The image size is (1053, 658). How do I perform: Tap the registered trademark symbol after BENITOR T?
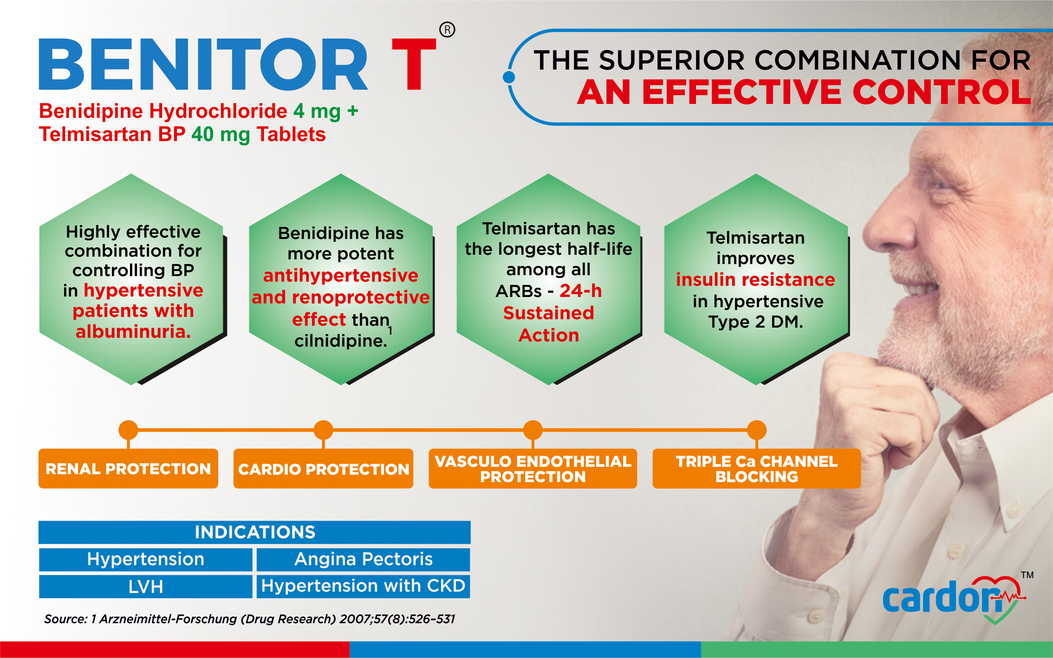coord(447,30)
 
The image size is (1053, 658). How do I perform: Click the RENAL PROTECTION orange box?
coord(128,469)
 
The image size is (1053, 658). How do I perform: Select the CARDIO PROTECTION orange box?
coord(323,469)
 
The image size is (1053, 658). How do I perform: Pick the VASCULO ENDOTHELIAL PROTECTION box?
coord(533,469)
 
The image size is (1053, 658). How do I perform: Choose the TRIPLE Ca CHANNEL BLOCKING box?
coord(756,469)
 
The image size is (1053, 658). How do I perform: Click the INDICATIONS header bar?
coord(254,532)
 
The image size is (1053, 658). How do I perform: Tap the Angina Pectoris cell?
coord(363,559)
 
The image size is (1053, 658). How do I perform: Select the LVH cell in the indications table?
coord(145,587)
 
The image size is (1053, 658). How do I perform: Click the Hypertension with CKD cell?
coord(363,586)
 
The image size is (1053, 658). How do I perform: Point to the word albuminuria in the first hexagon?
coord(133,332)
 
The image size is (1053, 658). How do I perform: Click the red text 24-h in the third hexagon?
coord(580,291)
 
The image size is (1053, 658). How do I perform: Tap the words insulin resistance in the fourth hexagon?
coord(755,280)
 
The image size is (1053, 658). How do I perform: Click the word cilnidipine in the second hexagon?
coord(340,341)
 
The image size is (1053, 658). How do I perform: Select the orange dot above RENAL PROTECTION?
coord(128,430)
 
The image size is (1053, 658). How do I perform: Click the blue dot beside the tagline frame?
coord(509,77)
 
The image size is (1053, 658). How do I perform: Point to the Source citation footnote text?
coord(249,619)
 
